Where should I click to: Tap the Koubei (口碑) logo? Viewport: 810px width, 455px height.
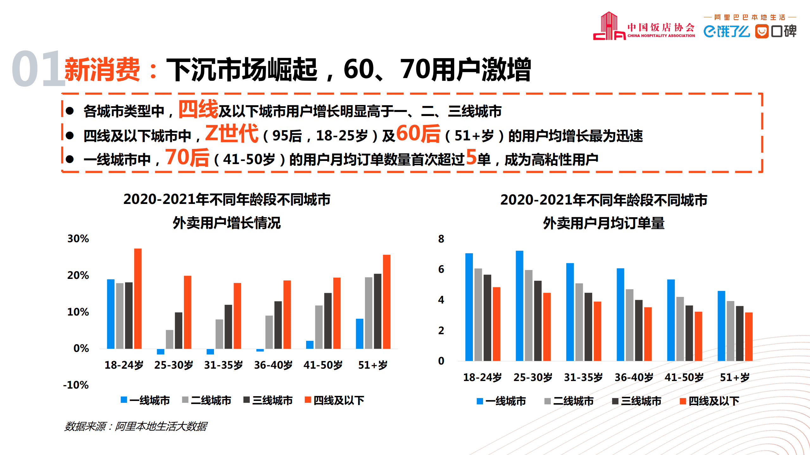click(775, 31)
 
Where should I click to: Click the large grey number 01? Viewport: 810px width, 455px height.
click(38, 69)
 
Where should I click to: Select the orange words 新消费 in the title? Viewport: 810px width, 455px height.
click(102, 70)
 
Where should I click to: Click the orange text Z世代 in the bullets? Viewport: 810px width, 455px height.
click(232, 133)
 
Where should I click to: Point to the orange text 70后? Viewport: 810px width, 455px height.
click(187, 158)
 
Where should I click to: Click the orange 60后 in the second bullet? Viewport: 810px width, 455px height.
click(418, 133)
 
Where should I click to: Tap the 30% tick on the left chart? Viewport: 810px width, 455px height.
click(78, 239)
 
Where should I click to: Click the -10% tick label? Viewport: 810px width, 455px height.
click(76, 385)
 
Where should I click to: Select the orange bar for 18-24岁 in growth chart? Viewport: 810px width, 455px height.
click(138, 298)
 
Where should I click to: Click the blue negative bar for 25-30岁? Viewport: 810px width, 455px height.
click(160, 352)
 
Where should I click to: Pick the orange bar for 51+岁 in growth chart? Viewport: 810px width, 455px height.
click(386, 302)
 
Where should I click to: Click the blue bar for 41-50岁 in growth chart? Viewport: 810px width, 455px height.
click(310, 345)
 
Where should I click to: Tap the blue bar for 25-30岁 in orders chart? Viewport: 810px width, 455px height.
click(519, 305)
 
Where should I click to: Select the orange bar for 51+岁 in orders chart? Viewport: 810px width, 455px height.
click(749, 336)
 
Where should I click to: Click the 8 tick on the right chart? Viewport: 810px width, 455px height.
click(441, 239)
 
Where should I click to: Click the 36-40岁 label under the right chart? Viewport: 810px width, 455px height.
click(634, 377)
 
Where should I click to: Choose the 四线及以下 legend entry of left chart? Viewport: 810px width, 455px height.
click(334, 400)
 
